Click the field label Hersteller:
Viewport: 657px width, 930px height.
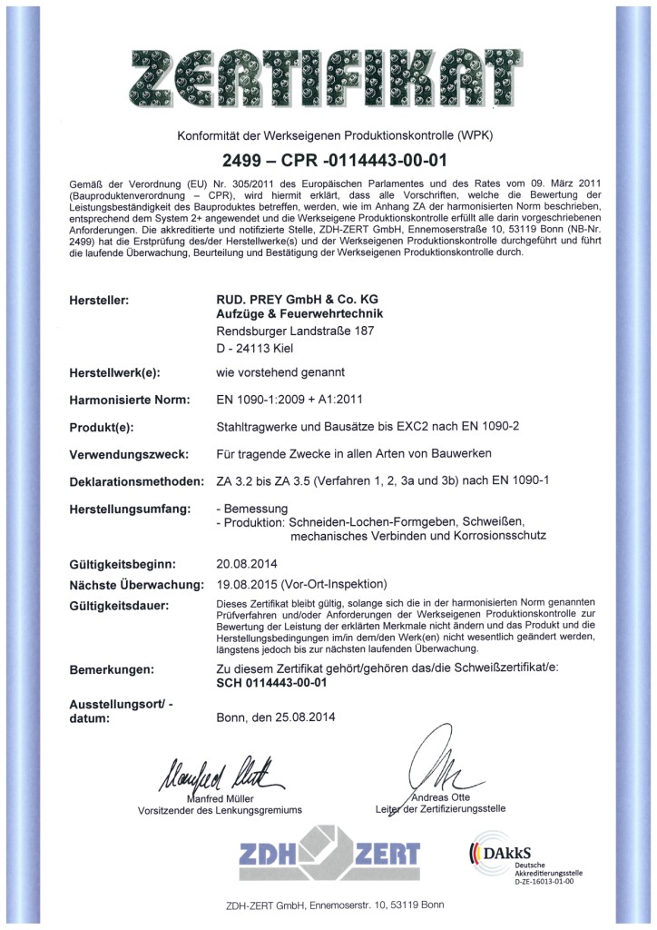point(100,300)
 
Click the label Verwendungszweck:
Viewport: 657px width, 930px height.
point(126,453)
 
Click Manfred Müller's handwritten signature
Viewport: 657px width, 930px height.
point(211,772)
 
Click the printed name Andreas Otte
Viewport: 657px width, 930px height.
point(441,797)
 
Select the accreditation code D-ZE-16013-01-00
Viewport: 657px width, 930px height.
point(544,881)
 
